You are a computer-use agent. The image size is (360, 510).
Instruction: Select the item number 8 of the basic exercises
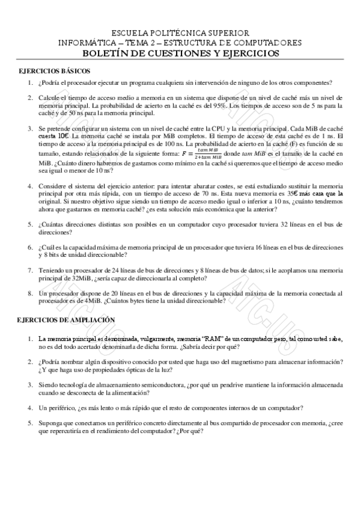[x=30, y=293]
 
